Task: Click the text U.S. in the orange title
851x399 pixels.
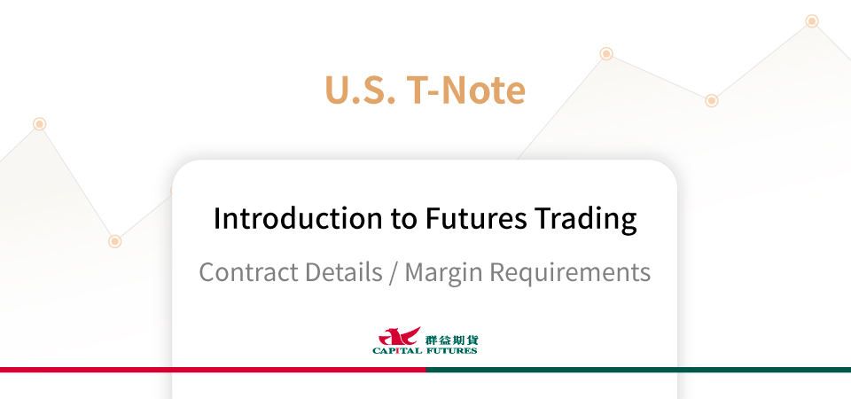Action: click(360, 90)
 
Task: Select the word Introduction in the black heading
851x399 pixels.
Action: click(298, 218)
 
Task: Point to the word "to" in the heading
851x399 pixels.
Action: click(403, 219)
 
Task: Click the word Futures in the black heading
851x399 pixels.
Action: click(475, 219)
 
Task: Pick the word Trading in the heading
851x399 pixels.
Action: click(585, 220)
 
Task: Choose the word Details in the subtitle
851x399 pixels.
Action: click(343, 271)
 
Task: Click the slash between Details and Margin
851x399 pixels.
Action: click(394, 272)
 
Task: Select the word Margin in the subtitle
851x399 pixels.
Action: click(443, 273)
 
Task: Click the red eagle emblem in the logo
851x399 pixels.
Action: click(400, 336)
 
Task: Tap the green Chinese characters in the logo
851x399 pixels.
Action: click(452, 340)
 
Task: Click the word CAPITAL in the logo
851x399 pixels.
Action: click(397, 351)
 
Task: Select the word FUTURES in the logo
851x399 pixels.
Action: click(451, 351)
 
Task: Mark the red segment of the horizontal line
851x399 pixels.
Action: click(213, 370)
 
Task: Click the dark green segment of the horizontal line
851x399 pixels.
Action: click(638, 370)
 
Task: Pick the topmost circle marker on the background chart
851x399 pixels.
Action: click(812, 21)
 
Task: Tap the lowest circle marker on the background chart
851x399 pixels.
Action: click(114, 241)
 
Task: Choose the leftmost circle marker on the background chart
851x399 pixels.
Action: click(39, 124)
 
